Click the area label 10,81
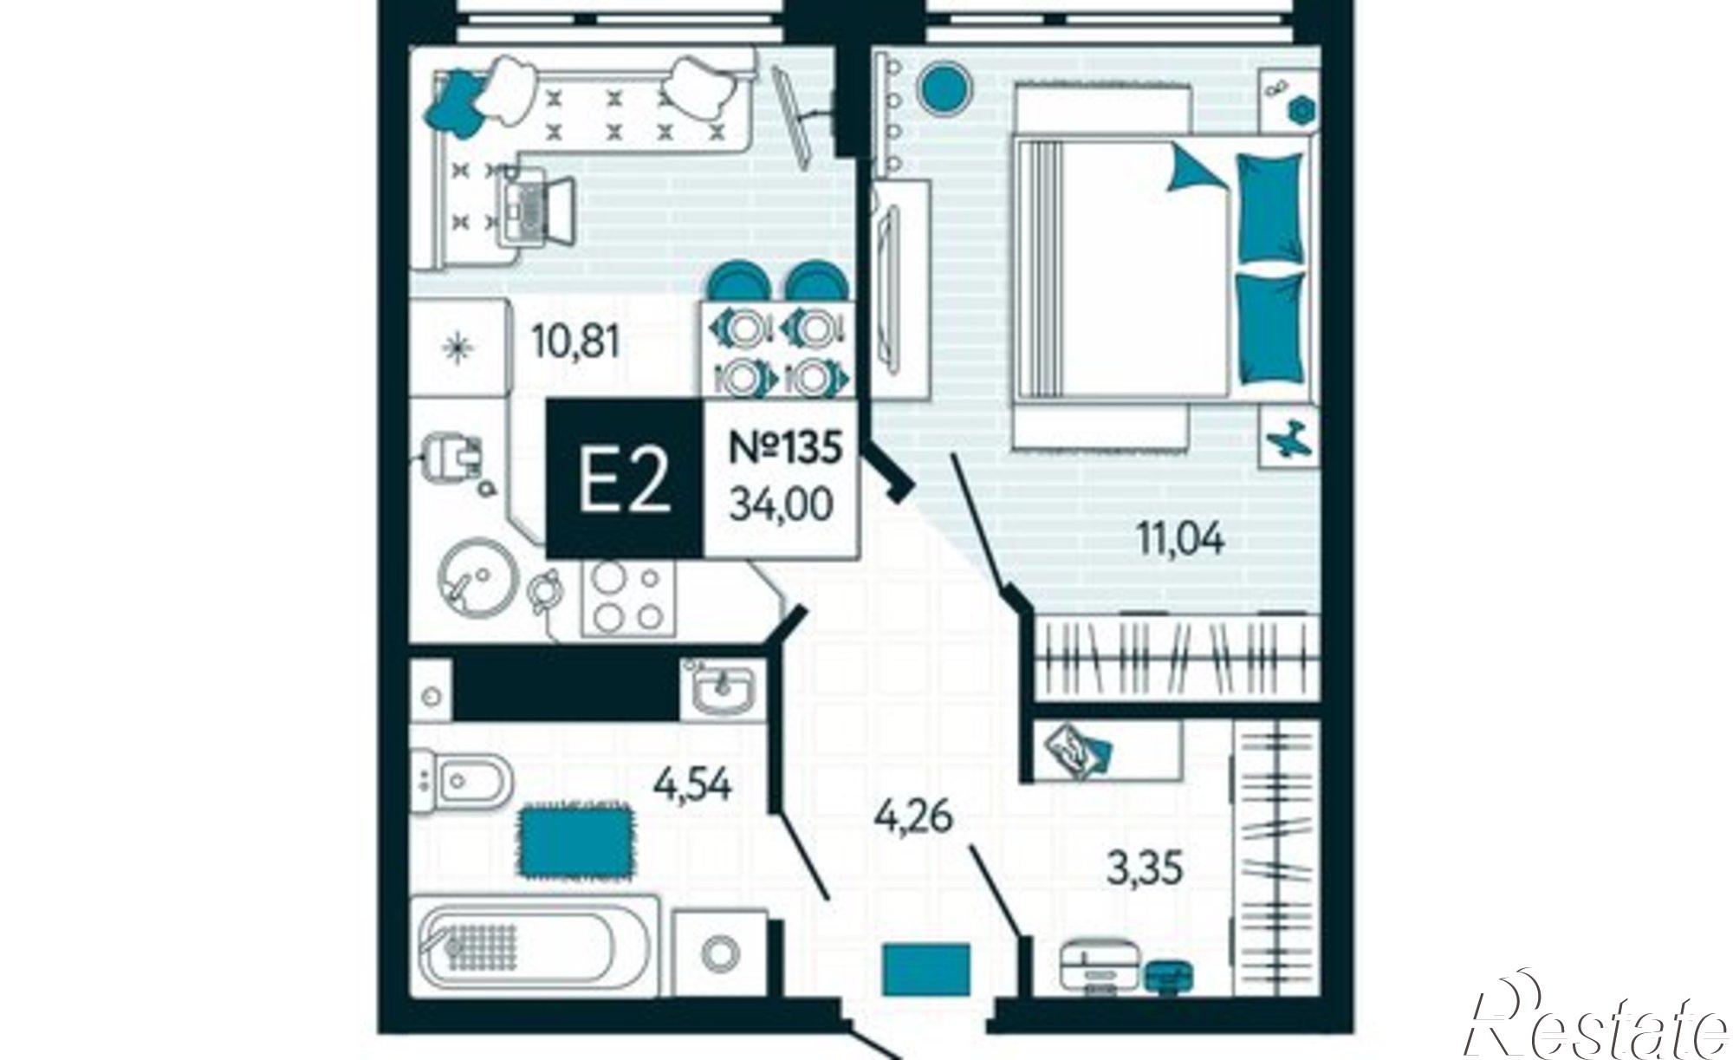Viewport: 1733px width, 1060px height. (577, 343)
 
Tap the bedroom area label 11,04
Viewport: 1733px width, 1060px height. (1179, 540)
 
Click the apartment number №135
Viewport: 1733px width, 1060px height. (785, 448)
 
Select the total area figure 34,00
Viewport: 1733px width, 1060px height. (782, 503)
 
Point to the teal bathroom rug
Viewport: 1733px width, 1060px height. (575, 841)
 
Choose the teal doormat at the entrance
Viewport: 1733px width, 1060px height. (925, 969)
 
